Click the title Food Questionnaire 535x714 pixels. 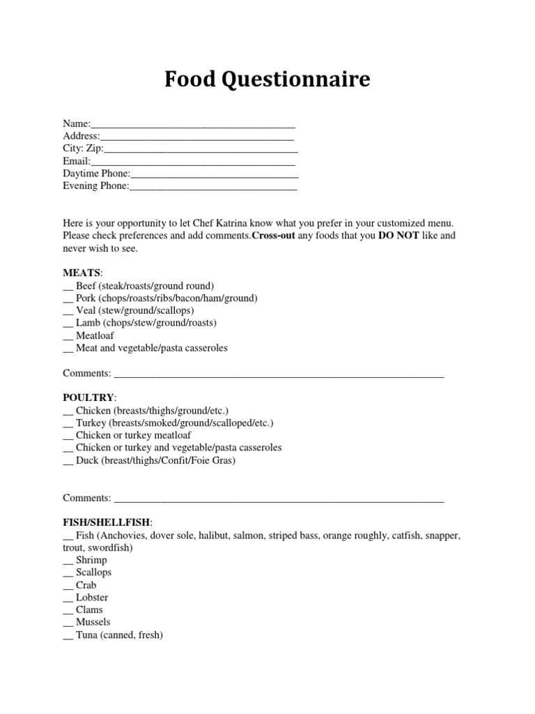tap(267, 80)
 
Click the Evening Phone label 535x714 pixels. tap(95, 186)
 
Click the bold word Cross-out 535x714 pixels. tap(274, 236)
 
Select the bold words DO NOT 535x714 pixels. tap(398, 236)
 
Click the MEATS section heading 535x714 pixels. tap(82, 273)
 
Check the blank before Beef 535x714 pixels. tap(68, 287)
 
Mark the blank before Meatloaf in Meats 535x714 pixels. tap(68, 336)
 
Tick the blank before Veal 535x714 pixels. tap(68, 311)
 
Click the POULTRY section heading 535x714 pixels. tap(88, 397)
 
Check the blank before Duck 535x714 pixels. tap(68, 461)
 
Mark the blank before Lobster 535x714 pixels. tap(68, 598)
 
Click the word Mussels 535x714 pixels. tap(93, 622)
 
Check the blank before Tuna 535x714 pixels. tap(68, 636)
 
